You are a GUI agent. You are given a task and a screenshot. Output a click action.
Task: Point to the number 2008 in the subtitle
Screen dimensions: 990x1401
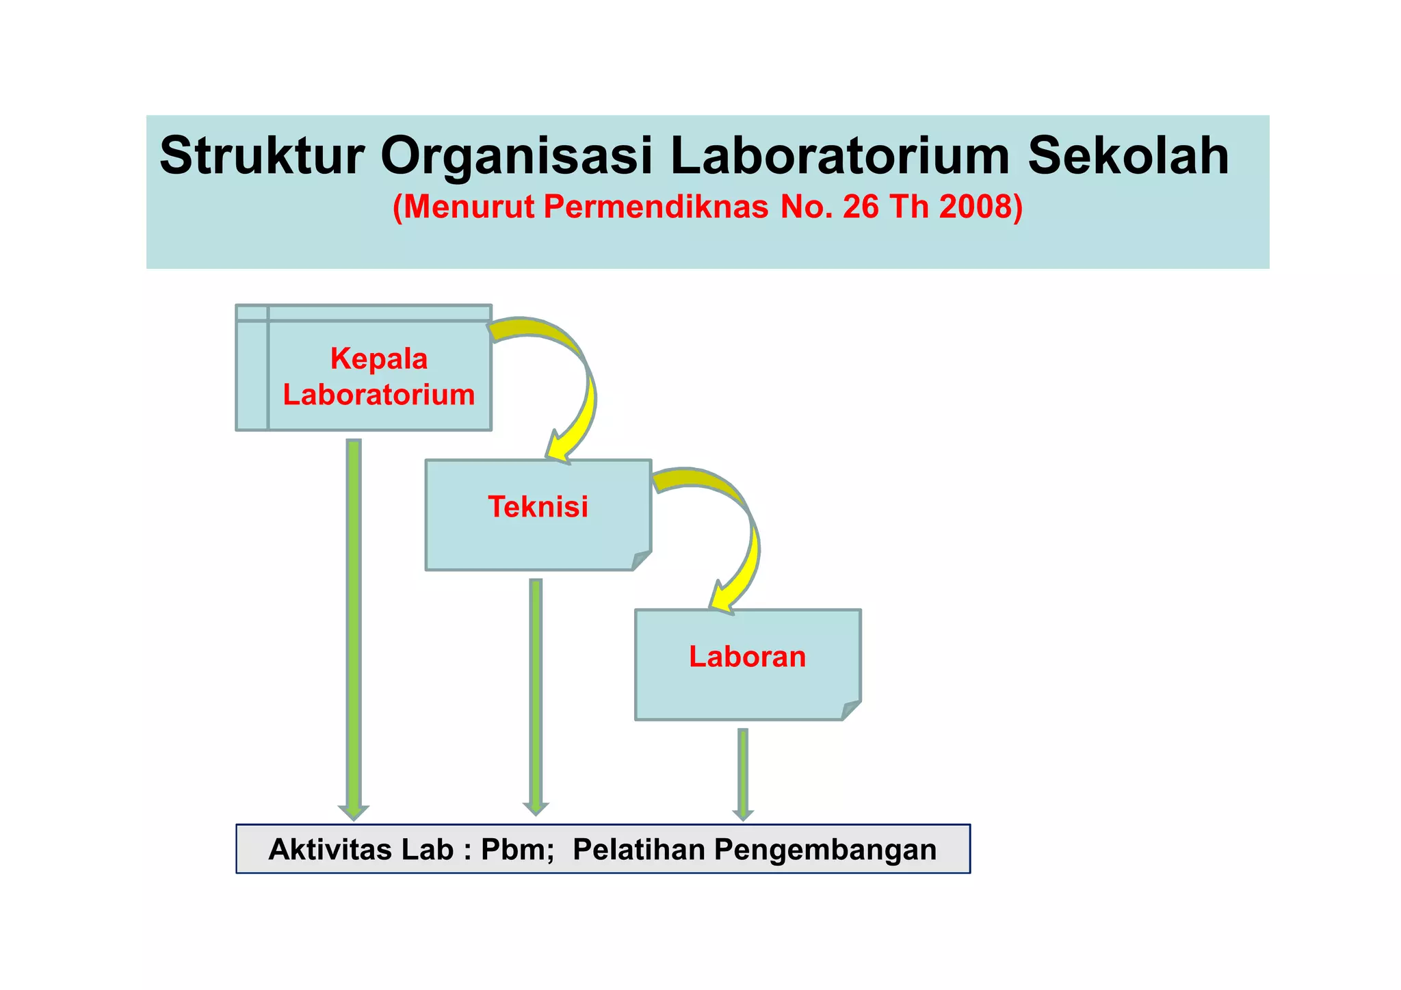tap(980, 207)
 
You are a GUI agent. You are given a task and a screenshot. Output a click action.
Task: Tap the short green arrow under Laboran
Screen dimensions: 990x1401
tap(743, 773)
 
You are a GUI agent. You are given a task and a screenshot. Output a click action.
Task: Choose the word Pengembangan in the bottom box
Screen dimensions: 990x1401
tap(826, 849)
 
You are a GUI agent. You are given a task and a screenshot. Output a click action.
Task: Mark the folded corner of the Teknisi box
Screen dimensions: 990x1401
tap(642, 560)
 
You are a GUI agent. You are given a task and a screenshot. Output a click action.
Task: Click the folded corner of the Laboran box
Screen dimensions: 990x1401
tap(851, 710)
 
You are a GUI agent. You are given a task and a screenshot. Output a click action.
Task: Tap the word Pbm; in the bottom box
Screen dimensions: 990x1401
tap(517, 849)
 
